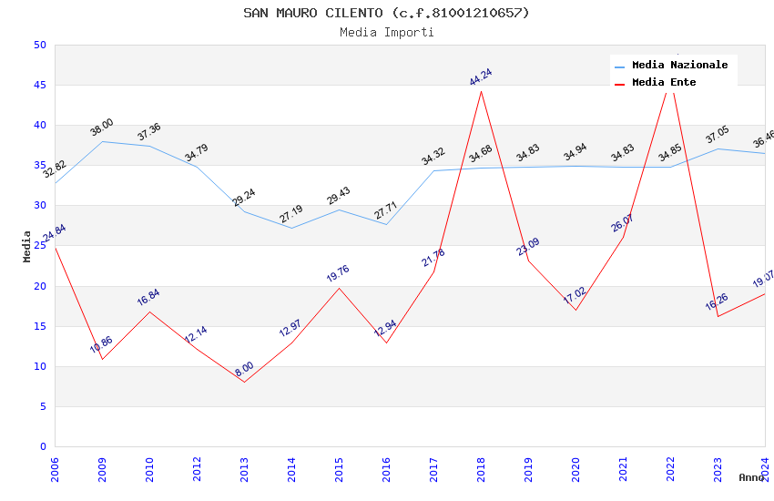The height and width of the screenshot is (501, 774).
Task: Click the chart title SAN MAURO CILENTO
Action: (386, 13)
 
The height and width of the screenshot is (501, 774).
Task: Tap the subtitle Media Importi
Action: (386, 32)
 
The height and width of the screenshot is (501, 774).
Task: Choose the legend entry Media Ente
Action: (664, 82)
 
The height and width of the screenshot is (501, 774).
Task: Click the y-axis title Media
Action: (26, 246)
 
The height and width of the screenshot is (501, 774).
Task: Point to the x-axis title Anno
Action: (751, 477)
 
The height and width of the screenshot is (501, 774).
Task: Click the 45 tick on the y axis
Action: (39, 86)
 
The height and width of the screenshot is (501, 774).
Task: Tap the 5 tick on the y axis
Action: (42, 406)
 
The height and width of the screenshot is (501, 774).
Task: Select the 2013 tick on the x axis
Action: (244, 466)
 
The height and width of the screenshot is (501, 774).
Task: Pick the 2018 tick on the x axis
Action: (481, 466)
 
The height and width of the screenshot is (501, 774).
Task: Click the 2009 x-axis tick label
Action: (102, 466)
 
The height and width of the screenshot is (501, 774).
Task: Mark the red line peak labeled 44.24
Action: (481, 91)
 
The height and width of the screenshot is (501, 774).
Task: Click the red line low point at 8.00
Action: (244, 382)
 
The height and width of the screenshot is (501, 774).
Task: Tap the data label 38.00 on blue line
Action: (102, 128)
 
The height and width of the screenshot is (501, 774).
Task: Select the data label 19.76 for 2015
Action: (338, 273)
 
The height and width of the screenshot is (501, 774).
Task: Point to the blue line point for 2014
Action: (291, 228)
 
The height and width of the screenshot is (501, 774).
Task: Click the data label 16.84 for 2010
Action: (148, 297)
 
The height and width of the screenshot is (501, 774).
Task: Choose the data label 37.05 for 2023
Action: (718, 136)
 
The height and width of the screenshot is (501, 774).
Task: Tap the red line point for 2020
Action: (575, 310)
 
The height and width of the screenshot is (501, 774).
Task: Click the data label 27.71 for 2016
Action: (386, 211)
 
